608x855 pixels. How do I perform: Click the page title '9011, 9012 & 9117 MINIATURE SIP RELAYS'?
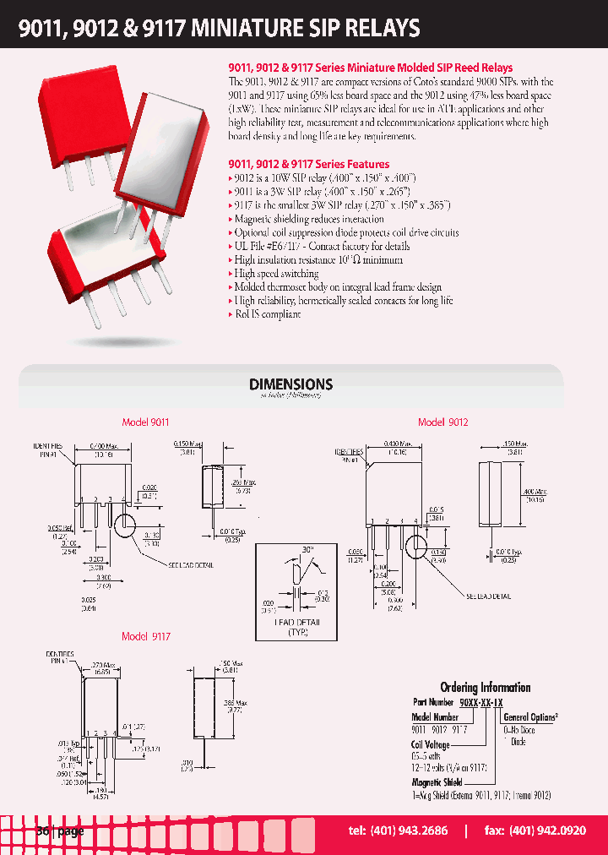pyautogui.click(x=220, y=29)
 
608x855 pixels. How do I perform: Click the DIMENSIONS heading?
pyautogui.click(x=291, y=384)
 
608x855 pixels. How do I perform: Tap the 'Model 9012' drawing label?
pyautogui.click(x=442, y=422)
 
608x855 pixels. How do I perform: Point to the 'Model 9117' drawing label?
pyautogui.click(x=145, y=636)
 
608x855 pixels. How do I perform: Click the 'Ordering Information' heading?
pyautogui.click(x=485, y=688)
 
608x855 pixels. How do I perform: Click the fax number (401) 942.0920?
pyautogui.click(x=536, y=831)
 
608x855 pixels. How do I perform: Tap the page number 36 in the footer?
pyautogui.click(x=43, y=831)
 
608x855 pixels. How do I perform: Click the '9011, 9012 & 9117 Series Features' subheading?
pyautogui.click(x=309, y=164)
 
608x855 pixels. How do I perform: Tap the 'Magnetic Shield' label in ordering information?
pyautogui.click(x=437, y=783)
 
